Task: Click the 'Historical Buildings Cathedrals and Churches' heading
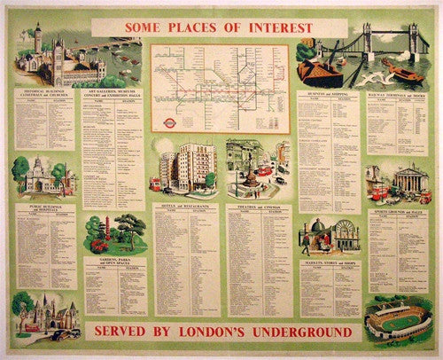pyautogui.click(x=44, y=93)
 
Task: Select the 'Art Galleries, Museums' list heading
pyautogui.click(x=112, y=93)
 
